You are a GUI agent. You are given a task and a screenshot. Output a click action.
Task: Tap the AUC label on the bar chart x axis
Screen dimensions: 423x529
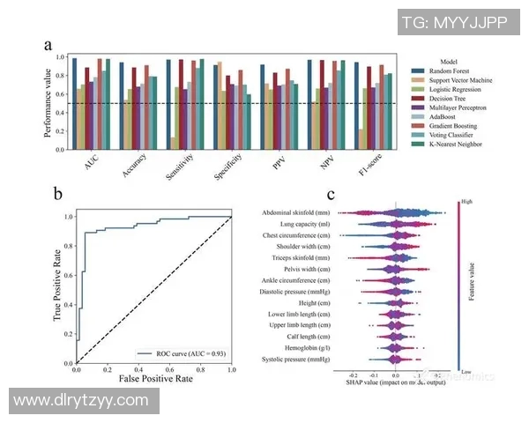point(91,164)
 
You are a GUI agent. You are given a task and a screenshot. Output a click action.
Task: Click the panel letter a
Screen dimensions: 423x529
point(48,44)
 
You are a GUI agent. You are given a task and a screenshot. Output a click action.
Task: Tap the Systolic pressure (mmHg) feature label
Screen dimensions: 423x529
point(295,360)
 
